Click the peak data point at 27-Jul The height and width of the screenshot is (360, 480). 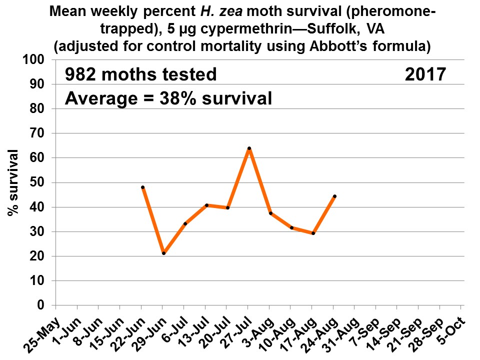point(249,148)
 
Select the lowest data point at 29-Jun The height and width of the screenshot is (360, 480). point(163,253)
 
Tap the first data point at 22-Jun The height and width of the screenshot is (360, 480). point(143,187)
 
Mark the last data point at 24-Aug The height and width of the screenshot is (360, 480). point(334,196)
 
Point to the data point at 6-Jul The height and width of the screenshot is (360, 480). point(185,223)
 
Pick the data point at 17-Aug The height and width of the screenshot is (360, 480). point(313,233)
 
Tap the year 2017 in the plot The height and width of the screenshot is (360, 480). point(425,75)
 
